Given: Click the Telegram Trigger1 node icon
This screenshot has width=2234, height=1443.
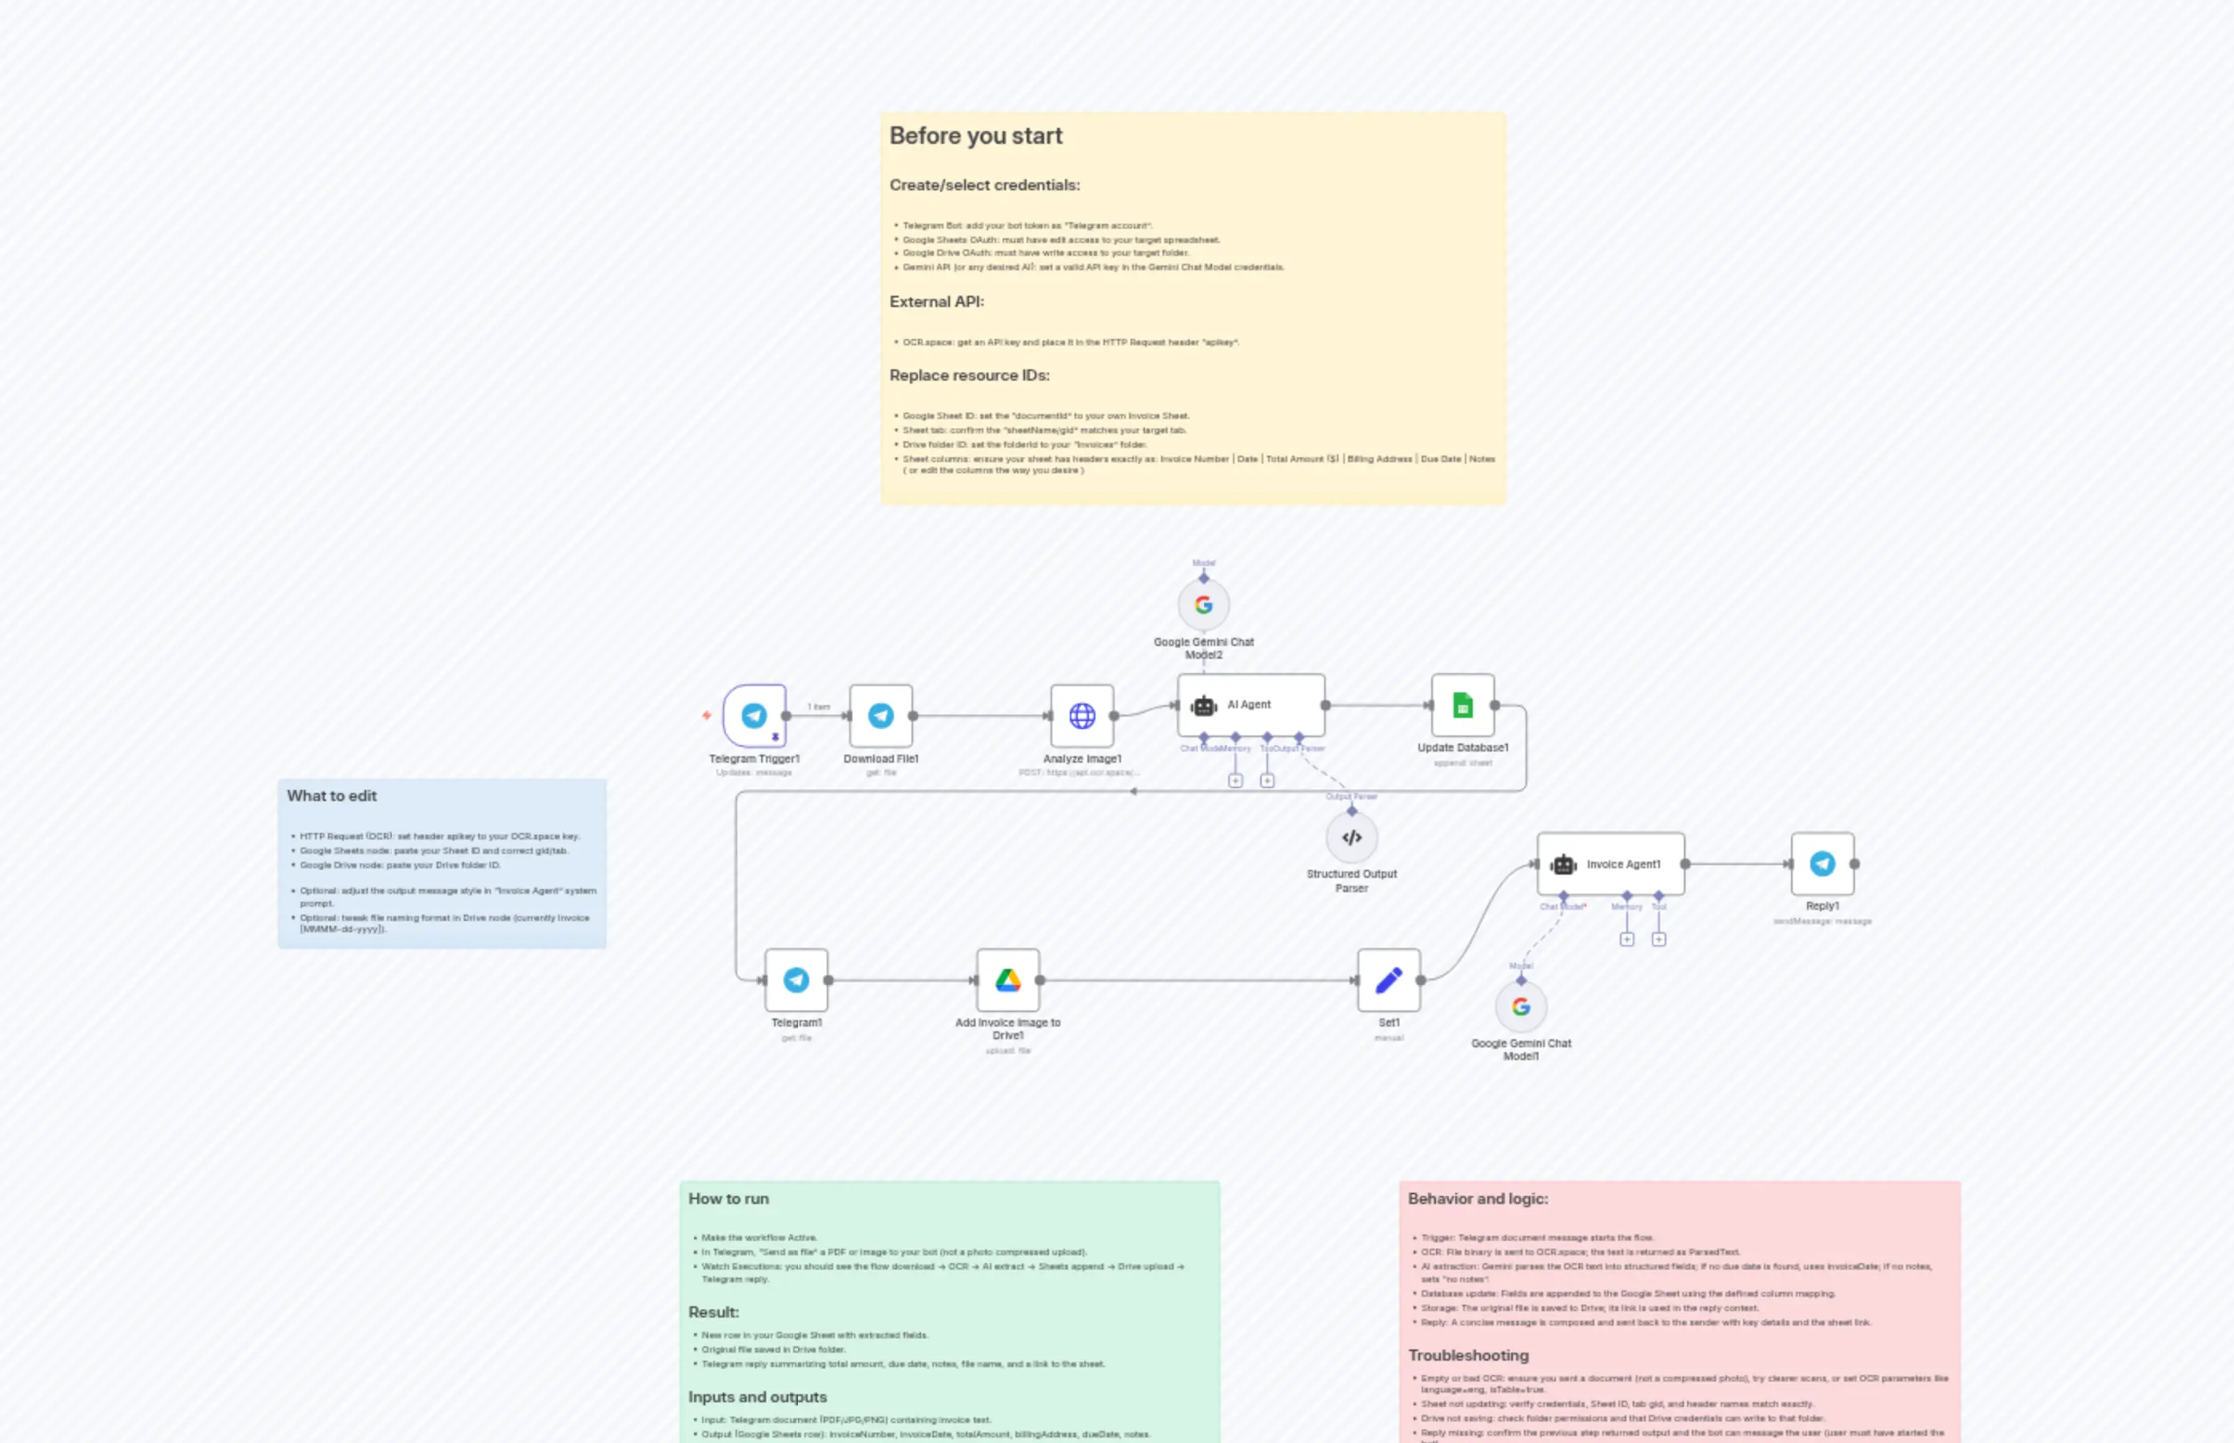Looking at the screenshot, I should [x=753, y=716].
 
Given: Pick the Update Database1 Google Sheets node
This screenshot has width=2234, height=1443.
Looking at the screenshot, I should [x=1462, y=704].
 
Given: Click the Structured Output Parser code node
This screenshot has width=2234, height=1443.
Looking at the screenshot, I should [x=1351, y=838].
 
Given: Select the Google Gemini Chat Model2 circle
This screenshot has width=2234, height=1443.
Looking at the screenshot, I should [x=1203, y=605].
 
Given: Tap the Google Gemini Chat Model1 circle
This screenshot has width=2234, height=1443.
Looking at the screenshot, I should [x=1520, y=1007].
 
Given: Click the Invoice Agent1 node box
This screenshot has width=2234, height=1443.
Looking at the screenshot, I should [x=1610, y=864].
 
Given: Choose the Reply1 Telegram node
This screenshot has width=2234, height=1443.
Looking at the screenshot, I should [x=1821, y=864].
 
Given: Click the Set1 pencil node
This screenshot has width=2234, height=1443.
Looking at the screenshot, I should [x=1389, y=980].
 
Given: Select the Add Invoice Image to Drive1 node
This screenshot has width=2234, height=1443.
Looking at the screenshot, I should [x=1007, y=980].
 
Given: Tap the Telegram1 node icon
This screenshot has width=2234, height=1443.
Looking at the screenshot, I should [x=796, y=980].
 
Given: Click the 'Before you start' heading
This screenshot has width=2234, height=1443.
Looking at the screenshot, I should [x=975, y=136].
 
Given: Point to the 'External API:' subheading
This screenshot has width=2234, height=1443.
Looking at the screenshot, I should [x=936, y=301].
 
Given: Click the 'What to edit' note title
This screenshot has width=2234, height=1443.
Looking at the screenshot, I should [x=332, y=795].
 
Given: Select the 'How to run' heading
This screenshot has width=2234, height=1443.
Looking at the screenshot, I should [x=728, y=1198].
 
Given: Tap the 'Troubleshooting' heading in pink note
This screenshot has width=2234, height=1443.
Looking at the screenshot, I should [x=1467, y=1355].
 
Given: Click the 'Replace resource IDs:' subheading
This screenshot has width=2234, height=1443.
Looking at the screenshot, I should [x=969, y=375].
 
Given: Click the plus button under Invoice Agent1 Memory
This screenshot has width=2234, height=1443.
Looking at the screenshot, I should [x=1627, y=939].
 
